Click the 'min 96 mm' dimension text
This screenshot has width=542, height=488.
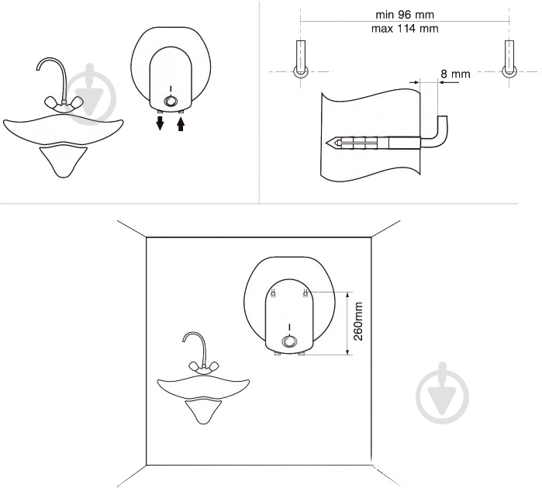point(405,15)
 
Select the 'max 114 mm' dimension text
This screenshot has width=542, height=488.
point(405,29)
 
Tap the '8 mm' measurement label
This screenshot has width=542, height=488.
point(455,74)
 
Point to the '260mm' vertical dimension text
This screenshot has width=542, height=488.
point(358,321)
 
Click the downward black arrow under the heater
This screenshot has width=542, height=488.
point(160,123)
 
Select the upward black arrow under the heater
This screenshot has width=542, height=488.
point(181,124)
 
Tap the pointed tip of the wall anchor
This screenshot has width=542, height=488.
point(326,142)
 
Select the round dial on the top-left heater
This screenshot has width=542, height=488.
point(171,101)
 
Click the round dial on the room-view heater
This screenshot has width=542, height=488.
point(289,341)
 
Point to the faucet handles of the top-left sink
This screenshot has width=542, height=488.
point(64,102)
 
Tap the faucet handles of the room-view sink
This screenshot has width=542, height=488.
point(204,366)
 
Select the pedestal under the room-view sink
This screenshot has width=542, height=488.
point(204,410)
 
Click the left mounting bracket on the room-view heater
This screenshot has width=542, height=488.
point(274,293)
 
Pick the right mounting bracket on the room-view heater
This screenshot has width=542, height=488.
point(306,293)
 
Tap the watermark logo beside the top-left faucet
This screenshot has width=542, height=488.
point(91,94)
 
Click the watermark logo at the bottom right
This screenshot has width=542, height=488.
point(443,393)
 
